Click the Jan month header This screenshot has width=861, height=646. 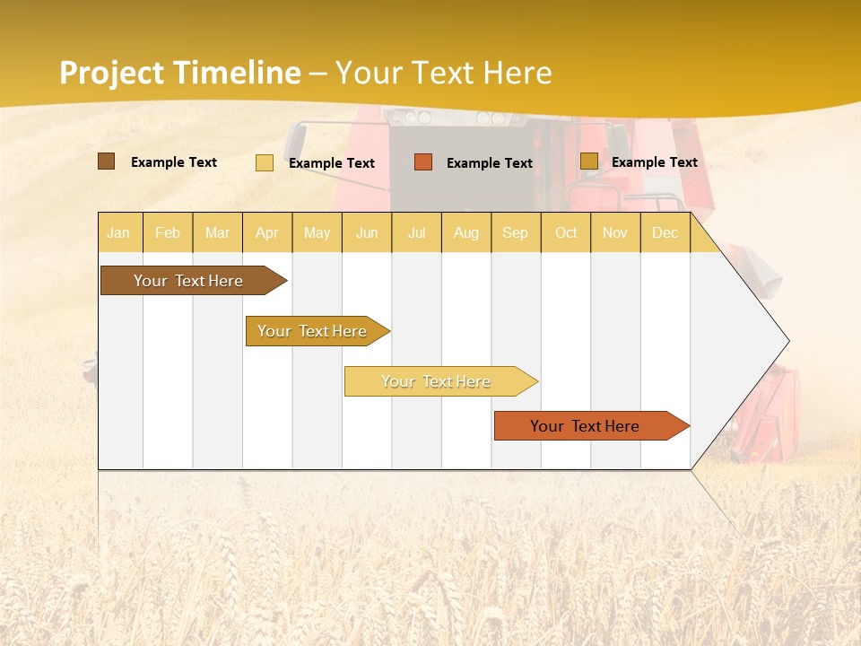tap(118, 232)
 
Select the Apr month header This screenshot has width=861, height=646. tap(266, 232)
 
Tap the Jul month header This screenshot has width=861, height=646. tap(416, 232)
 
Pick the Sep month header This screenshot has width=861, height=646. tap(515, 232)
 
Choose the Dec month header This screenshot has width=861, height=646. tap(665, 232)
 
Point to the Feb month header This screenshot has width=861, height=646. tap(168, 232)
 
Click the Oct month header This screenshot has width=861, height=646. tap(566, 232)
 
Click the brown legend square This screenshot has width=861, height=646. tap(106, 161)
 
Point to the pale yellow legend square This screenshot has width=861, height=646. tap(265, 162)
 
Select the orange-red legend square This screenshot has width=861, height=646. tap(423, 161)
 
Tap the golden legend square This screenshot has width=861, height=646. tap(588, 161)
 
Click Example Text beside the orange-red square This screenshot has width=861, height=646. tap(489, 163)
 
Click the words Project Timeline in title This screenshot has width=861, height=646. tap(180, 73)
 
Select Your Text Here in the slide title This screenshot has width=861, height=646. tap(443, 73)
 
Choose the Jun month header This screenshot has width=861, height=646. tap(367, 232)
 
